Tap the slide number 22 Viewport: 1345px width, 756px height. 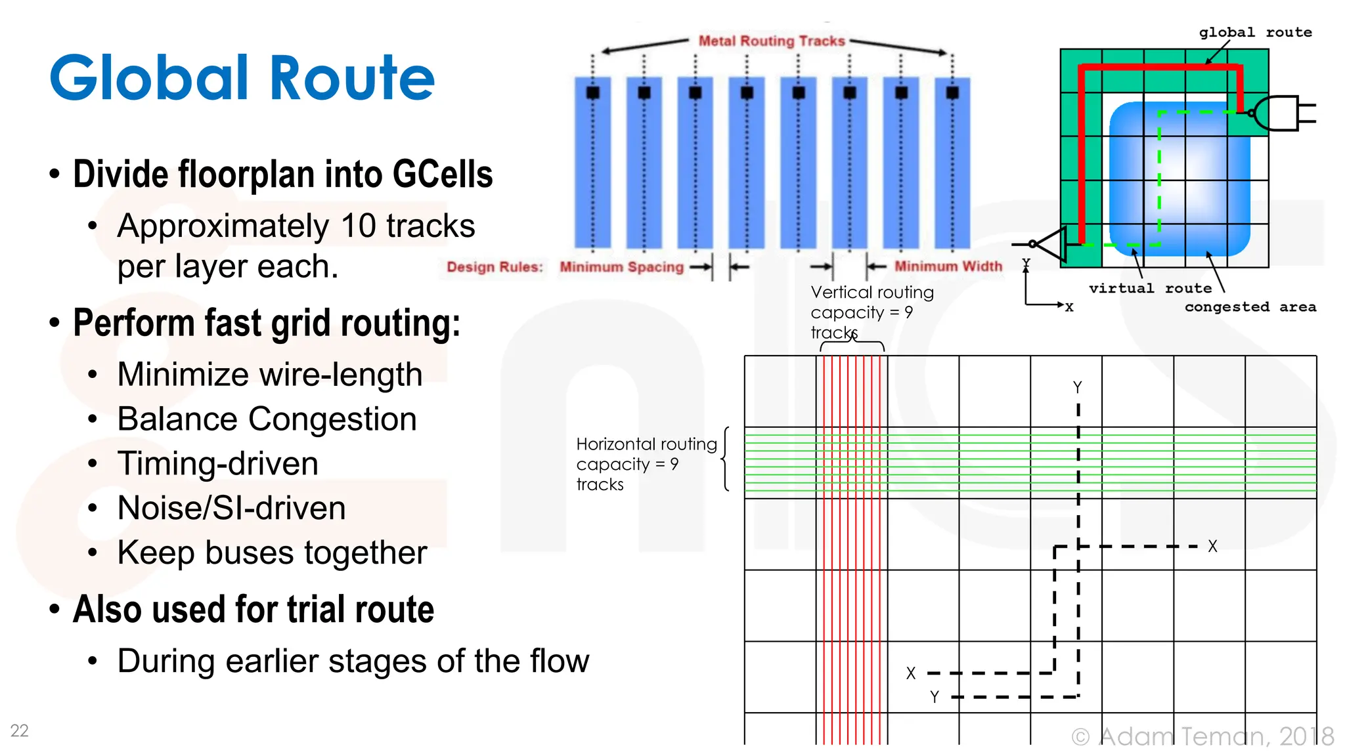[19, 730]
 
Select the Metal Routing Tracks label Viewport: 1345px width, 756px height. [772, 41]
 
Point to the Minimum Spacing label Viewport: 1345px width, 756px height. [621, 267]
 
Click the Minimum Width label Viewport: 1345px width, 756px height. [948, 266]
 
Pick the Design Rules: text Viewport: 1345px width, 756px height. [495, 267]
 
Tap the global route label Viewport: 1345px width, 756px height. [1255, 32]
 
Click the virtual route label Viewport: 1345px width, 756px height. [1150, 288]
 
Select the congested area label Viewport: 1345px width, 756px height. [1250, 307]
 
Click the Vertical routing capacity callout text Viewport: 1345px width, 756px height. [871, 312]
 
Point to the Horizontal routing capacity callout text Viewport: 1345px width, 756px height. [646, 464]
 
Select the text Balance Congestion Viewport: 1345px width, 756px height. [267, 419]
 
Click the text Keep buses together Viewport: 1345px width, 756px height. [272, 553]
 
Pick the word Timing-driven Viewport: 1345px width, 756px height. [217, 463]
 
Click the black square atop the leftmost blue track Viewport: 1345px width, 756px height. [592, 93]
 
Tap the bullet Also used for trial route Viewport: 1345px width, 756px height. [254, 609]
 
